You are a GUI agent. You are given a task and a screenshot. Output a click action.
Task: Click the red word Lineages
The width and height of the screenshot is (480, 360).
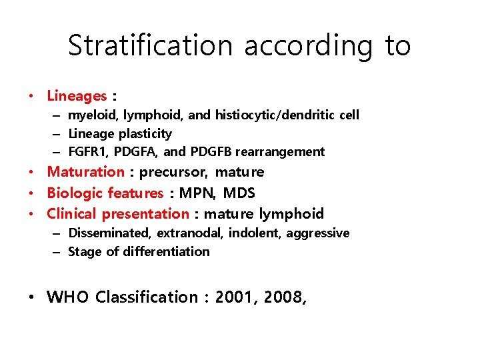click(x=77, y=96)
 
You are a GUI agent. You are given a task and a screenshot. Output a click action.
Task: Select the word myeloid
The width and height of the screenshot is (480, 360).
click(x=93, y=115)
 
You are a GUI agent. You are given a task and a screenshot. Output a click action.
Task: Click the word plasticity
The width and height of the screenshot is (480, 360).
click(x=140, y=134)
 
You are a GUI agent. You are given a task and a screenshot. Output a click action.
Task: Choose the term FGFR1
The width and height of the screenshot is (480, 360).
click(x=86, y=152)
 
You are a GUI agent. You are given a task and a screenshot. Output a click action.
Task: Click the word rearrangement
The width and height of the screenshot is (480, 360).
click(x=280, y=152)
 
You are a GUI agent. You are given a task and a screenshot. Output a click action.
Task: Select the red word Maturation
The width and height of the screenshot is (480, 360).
click(x=85, y=172)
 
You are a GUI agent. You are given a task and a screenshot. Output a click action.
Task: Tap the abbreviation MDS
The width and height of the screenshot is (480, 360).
click(x=239, y=193)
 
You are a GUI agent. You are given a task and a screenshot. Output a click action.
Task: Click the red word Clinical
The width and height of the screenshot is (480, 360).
click(x=72, y=214)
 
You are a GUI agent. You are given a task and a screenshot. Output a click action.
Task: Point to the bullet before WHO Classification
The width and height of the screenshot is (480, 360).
click(x=33, y=297)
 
